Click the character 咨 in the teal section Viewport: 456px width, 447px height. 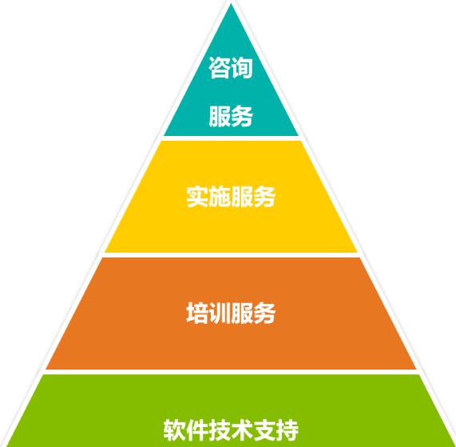pyautogui.click(x=220, y=67)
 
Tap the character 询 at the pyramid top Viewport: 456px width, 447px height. pyautogui.click(x=242, y=67)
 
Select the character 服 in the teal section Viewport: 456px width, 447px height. pyautogui.click(x=220, y=116)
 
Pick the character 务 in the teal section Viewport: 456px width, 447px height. pyautogui.click(x=242, y=116)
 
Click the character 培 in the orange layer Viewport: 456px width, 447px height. pyautogui.click(x=197, y=313)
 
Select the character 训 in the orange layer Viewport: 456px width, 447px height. pyautogui.click(x=220, y=313)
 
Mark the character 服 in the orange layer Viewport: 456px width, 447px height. pyautogui.click(x=242, y=313)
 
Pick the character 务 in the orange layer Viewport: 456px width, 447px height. pyautogui.click(x=264, y=313)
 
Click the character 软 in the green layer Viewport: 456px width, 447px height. pyautogui.click(x=174, y=430)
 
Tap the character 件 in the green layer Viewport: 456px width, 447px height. pyautogui.click(x=197, y=430)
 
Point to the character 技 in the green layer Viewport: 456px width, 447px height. pyautogui.click(x=220, y=430)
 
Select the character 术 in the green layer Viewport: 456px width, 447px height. pyautogui.click(x=242, y=430)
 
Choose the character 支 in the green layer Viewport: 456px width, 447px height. pyautogui.click(x=264, y=430)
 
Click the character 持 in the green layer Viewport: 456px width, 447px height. pyautogui.click(x=287, y=430)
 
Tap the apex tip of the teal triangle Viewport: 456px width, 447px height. pyautogui.click(x=231, y=4)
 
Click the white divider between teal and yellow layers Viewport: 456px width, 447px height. pyautogui.click(x=231, y=138)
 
